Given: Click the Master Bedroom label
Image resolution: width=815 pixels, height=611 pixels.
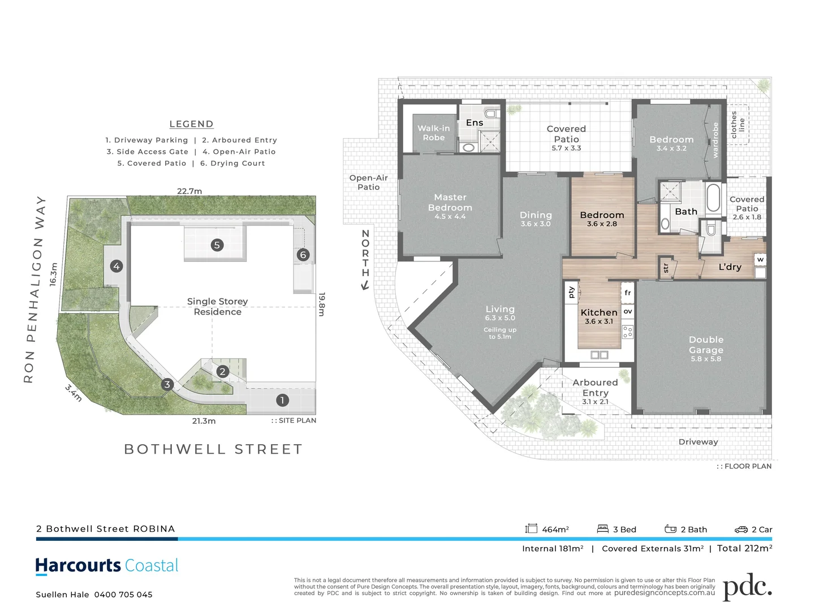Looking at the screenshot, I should pos(450,203).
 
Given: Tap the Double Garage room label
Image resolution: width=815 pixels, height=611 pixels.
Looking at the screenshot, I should pos(706,345).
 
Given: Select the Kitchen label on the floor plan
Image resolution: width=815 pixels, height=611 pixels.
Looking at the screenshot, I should pos(599,312).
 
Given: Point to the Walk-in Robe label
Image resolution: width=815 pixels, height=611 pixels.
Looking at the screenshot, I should pos(434,133).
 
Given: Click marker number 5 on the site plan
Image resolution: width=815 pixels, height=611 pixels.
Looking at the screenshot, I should pos(217,245).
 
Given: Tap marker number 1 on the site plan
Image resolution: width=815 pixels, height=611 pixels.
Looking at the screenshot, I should pos(282,401).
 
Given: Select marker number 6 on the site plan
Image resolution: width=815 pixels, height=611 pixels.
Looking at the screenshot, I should pos(303,255).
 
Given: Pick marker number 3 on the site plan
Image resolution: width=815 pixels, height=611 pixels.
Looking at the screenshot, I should pos(167,385).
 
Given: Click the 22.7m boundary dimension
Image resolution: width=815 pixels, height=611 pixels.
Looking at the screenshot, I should pos(189,191).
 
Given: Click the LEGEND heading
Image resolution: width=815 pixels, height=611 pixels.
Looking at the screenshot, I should pos(191,124).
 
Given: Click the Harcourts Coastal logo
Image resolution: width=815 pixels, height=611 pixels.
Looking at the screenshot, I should pos(107,566).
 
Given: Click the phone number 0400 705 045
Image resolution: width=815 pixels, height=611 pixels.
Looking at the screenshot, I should pos(123,595).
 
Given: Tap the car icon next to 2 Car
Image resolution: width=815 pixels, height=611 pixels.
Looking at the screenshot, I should pos(741,530).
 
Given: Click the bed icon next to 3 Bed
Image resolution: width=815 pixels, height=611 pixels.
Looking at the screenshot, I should pos(602,529).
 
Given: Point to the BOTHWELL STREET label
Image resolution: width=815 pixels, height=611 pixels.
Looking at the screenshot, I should pos(213,449).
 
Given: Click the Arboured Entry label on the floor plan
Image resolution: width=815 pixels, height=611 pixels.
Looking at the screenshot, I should pos(595,388).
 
